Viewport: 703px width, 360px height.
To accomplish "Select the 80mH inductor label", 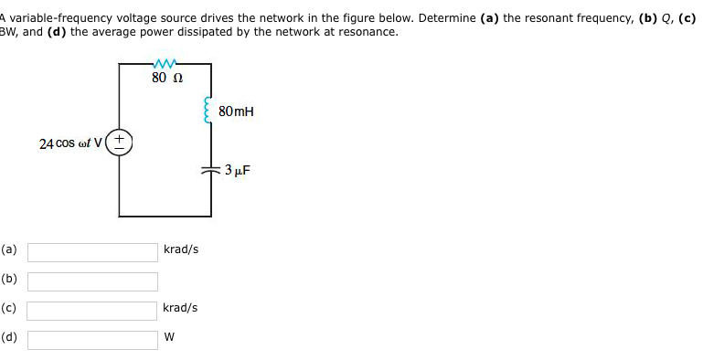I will point(236,111).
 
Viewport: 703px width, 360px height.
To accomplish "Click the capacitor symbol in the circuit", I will point(211,171).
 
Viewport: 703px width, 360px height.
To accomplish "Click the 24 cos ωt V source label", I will point(72,143).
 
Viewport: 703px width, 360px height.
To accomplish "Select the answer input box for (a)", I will point(92,251).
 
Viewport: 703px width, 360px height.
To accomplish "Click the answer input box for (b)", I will point(92,281).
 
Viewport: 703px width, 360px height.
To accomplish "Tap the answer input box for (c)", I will point(92,310).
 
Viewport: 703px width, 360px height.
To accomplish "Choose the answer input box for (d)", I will point(92,339).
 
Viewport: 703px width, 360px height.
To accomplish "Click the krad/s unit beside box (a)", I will point(180,249).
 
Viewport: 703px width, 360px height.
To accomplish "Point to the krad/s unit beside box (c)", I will point(180,308).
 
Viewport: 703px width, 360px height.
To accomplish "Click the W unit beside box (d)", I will point(169,337).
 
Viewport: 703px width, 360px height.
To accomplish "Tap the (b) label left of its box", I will point(9,279).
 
